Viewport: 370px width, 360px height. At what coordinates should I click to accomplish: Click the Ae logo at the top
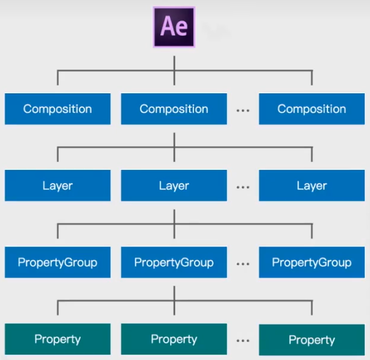pyautogui.click(x=174, y=26)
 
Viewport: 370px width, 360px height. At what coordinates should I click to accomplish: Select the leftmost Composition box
pyautogui.click(x=57, y=109)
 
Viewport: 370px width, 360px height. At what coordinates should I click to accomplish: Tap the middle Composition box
pyautogui.click(x=174, y=109)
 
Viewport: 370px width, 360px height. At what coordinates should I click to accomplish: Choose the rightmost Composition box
pyautogui.click(x=311, y=109)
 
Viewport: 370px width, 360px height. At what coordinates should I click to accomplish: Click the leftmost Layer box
pyautogui.click(x=57, y=185)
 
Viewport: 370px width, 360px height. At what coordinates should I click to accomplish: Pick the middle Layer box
pyautogui.click(x=174, y=185)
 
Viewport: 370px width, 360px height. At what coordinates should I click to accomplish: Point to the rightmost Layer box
pyautogui.click(x=311, y=185)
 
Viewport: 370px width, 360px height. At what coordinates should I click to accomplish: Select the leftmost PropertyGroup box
pyautogui.click(x=57, y=263)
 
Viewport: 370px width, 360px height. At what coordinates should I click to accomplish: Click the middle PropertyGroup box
pyautogui.click(x=174, y=263)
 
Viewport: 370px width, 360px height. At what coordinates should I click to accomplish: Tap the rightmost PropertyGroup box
pyautogui.click(x=311, y=263)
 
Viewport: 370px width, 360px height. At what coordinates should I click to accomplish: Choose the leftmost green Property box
pyautogui.click(x=57, y=339)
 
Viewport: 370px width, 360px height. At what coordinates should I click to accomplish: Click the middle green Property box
pyautogui.click(x=174, y=339)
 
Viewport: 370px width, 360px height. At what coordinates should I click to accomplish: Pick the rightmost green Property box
pyautogui.click(x=311, y=340)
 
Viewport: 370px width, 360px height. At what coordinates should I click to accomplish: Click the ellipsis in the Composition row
pyautogui.click(x=242, y=111)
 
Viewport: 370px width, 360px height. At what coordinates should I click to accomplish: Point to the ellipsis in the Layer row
pyautogui.click(x=242, y=187)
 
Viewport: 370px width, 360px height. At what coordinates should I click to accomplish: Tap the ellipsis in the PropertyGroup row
pyautogui.click(x=242, y=264)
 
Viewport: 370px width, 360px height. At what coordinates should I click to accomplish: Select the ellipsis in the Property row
pyautogui.click(x=242, y=341)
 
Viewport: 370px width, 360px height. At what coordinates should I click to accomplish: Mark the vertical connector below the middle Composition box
pyautogui.click(x=174, y=138)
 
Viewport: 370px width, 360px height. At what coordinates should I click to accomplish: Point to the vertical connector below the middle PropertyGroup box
pyautogui.click(x=174, y=292)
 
